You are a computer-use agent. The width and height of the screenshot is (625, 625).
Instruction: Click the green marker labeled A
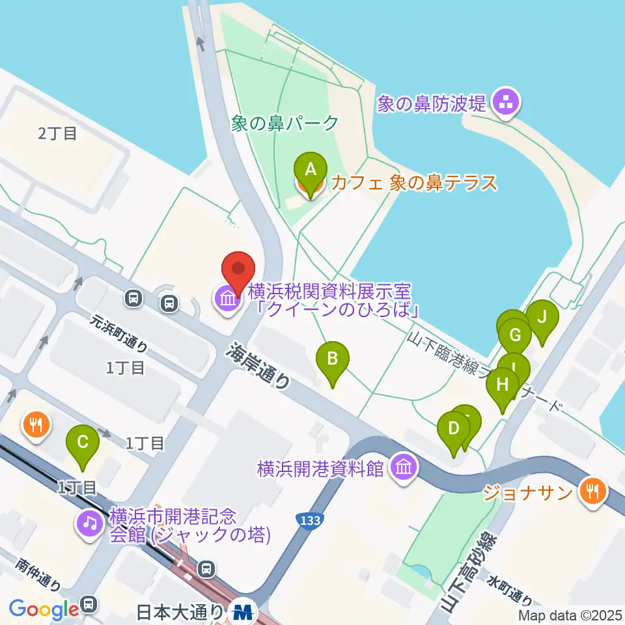tap(311, 170)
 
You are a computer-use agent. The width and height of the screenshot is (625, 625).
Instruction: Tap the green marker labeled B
tap(333, 359)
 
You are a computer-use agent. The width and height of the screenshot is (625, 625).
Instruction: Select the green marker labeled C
tap(83, 443)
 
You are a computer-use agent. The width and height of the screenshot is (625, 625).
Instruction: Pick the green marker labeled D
tap(454, 430)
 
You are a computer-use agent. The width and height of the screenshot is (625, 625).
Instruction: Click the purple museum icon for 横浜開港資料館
tap(404, 467)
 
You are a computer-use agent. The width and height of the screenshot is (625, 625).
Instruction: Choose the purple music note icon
tap(89, 522)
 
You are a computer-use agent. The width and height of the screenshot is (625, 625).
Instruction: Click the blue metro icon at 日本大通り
tap(243, 612)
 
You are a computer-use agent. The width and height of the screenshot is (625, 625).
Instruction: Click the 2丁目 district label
tap(57, 134)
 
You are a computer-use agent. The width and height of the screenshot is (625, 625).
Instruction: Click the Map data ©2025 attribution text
tap(570, 615)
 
